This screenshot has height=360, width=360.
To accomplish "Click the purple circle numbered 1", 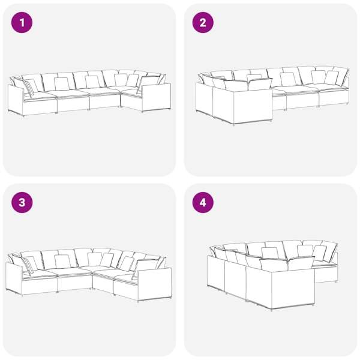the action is [x=22, y=23].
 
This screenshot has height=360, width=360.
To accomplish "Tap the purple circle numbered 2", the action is [x=203, y=23].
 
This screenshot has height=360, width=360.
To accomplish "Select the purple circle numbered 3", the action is [x=22, y=203].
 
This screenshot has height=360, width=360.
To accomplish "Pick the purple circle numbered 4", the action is [x=203, y=203].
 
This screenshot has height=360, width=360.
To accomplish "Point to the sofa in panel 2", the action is [x=272, y=95].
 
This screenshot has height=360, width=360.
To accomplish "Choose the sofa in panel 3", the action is [x=89, y=275].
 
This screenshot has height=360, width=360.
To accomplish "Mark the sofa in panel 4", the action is [x=272, y=275].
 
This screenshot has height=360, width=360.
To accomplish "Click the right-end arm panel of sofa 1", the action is [x=156, y=98].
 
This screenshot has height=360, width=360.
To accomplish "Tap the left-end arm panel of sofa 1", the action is [x=16, y=100].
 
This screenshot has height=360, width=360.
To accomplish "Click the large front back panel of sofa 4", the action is [x=293, y=289].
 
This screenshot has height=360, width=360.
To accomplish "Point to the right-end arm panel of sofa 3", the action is [x=154, y=284].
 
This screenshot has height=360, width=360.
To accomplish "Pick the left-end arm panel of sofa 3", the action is [x=14, y=278].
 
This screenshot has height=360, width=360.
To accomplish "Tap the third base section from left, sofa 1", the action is [x=104, y=101].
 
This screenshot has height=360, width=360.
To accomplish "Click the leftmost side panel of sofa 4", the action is [x=216, y=272].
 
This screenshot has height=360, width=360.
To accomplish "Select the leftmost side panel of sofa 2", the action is [x=205, y=99].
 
